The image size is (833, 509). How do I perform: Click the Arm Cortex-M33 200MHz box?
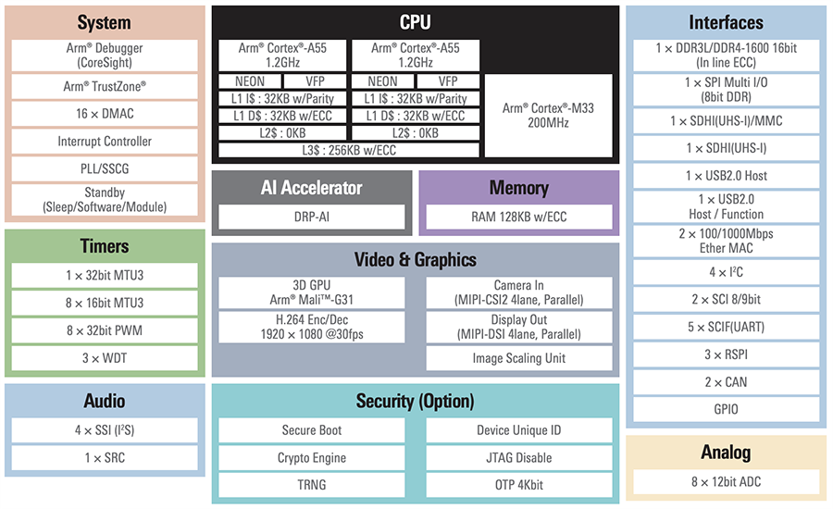(548, 115)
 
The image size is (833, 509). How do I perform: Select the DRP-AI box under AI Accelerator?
(312, 217)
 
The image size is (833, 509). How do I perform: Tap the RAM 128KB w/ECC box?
(518, 217)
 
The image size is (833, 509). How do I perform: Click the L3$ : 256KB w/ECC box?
(350, 149)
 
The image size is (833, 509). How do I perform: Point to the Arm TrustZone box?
(105, 86)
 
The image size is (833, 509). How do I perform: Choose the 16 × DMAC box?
(105, 114)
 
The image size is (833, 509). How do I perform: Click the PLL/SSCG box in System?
(105, 169)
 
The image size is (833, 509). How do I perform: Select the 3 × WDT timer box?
(105, 358)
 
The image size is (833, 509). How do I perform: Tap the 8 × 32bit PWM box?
(105, 330)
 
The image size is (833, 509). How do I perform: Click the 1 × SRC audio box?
(105, 458)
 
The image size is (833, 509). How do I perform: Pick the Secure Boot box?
(312, 430)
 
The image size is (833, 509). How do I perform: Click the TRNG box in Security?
(312, 485)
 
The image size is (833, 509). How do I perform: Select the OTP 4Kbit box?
(518, 485)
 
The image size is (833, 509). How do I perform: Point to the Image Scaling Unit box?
(518, 358)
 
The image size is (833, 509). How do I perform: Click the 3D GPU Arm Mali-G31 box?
(312, 292)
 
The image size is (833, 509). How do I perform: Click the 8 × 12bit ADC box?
(726, 481)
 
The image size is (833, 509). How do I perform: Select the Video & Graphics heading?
(415, 259)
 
